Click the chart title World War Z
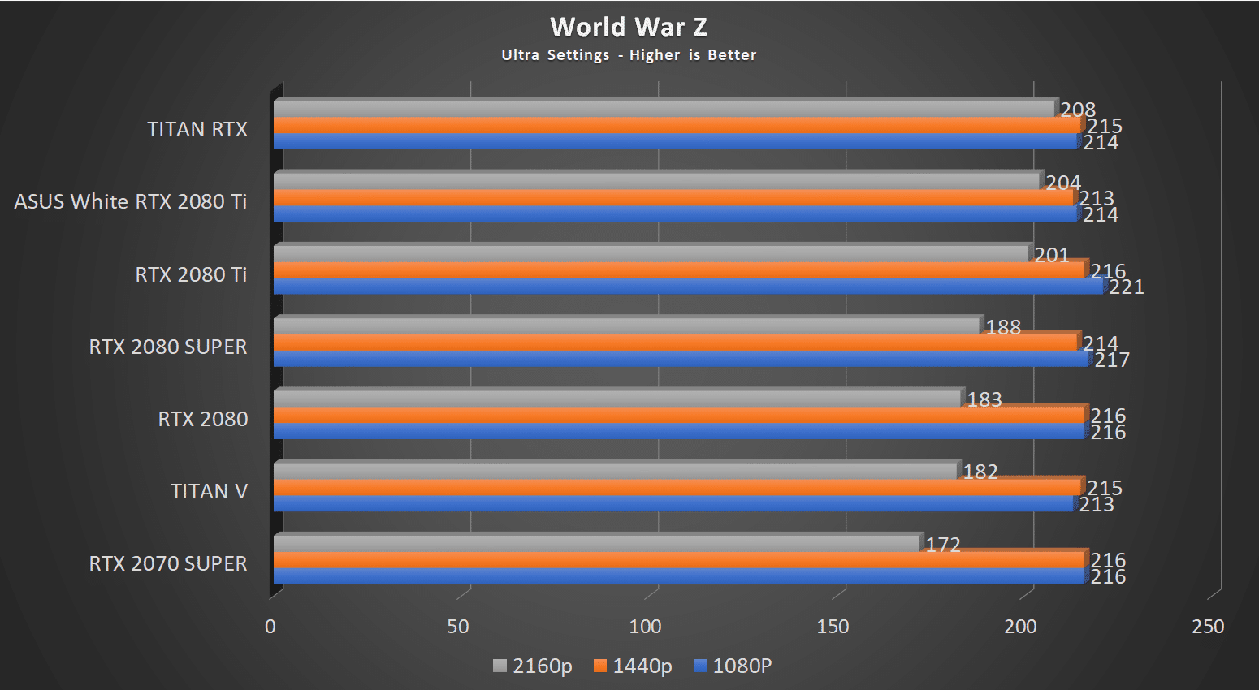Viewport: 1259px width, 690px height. pyautogui.click(x=629, y=27)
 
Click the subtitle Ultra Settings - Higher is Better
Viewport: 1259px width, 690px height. pyautogui.click(x=629, y=55)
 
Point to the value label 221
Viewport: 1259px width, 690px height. pyautogui.click(x=1127, y=287)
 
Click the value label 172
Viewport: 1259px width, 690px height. pyautogui.click(x=943, y=545)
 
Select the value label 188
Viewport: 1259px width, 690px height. pyautogui.click(x=1003, y=327)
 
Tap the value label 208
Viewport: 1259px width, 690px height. pyautogui.click(x=1078, y=110)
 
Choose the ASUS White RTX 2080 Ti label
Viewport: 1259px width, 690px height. pyautogui.click(x=130, y=201)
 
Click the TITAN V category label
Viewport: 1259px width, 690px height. pyautogui.click(x=209, y=491)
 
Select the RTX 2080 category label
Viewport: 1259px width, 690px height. pyautogui.click(x=203, y=419)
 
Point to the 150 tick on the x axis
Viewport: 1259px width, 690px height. pyautogui.click(x=833, y=627)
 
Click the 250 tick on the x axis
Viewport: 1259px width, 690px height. pyautogui.click(x=1208, y=627)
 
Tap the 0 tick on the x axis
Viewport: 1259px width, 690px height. pyautogui.click(x=270, y=627)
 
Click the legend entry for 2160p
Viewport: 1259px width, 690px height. pyautogui.click(x=533, y=666)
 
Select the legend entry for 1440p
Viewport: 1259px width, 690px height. pyautogui.click(x=633, y=666)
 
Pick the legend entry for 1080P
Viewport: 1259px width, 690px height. pyautogui.click(x=733, y=666)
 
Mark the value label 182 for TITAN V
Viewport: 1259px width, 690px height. pyautogui.click(x=980, y=472)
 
